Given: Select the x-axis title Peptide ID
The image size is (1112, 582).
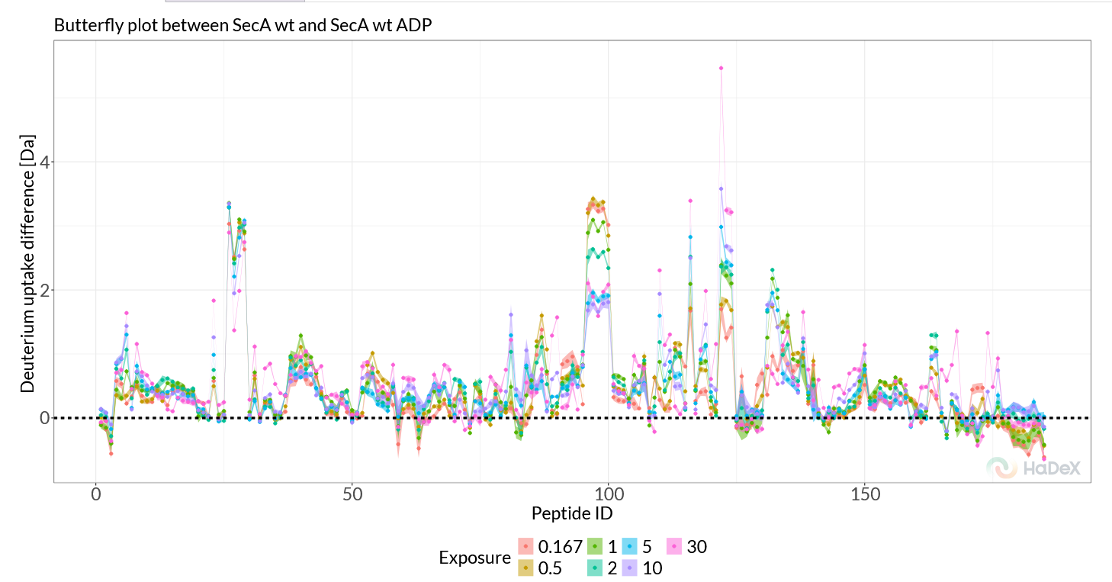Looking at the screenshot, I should pos(572,512).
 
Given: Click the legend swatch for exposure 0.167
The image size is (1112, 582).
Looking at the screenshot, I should pos(525,547).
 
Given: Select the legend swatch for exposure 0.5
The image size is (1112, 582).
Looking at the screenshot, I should pos(525,568).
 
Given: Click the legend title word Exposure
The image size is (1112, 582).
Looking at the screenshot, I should pos(474,558).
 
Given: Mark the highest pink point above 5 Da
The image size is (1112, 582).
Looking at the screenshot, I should pos(721,68).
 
